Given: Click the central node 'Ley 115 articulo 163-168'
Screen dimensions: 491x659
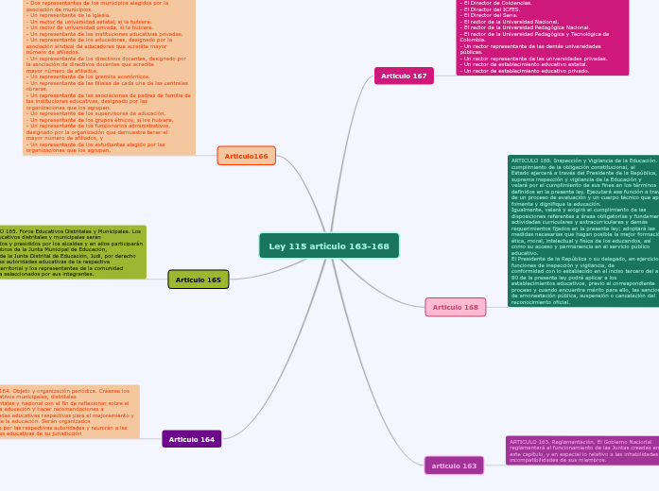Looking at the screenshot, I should (x=328, y=246).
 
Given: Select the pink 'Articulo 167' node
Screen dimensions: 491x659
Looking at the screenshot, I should (x=404, y=76).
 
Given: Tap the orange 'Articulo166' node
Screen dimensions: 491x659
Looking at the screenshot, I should (x=246, y=156).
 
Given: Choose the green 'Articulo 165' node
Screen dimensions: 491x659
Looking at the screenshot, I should (x=198, y=279).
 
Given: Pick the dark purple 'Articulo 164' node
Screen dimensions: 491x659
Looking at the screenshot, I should (x=192, y=439).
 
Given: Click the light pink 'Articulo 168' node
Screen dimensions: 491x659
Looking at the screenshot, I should (x=455, y=307).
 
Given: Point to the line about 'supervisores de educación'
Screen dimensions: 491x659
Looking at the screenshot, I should (x=95, y=112).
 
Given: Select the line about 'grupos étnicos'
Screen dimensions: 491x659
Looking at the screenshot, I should (x=99, y=119).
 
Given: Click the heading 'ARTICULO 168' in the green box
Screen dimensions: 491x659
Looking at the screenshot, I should (x=530, y=161).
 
